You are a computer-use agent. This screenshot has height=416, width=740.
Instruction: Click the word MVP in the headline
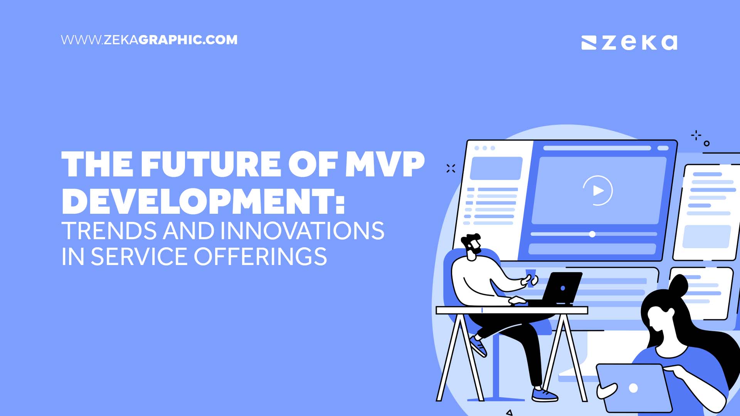pyautogui.click(x=385, y=164)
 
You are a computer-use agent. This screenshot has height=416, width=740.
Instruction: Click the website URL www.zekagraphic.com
pyautogui.click(x=149, y=40)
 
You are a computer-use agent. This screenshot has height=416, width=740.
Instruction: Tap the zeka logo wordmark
pyautogui.click(x=639, y=42)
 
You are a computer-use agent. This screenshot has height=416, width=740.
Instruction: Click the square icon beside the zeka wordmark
pyautogui.click(x=589, y=43)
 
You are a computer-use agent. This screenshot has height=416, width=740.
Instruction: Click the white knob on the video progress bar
pyautogui.click(x=592, y=234)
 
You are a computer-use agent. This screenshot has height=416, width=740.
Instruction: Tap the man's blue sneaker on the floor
pyautogui.click(x=544, y=394)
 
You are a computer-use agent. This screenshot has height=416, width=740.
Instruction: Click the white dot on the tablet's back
pyautogui.click(x=633, y=388)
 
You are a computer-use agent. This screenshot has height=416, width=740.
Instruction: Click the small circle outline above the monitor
pyautogui.click(x=706, y=143)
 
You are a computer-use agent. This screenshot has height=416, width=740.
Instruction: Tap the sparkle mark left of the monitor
pyautogui.click(x=451, y=168)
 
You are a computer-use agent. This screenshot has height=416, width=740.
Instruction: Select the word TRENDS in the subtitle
pyautogui.click(x=109, y=231)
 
